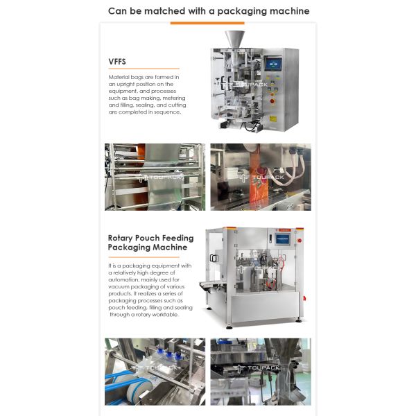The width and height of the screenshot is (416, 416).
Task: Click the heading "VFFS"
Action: pos(118,60)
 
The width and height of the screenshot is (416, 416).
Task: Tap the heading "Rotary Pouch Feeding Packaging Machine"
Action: pos(150,242)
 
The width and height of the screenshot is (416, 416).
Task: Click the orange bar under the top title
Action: pos(207,23)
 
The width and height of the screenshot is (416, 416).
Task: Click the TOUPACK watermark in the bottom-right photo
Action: pos(261,368)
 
